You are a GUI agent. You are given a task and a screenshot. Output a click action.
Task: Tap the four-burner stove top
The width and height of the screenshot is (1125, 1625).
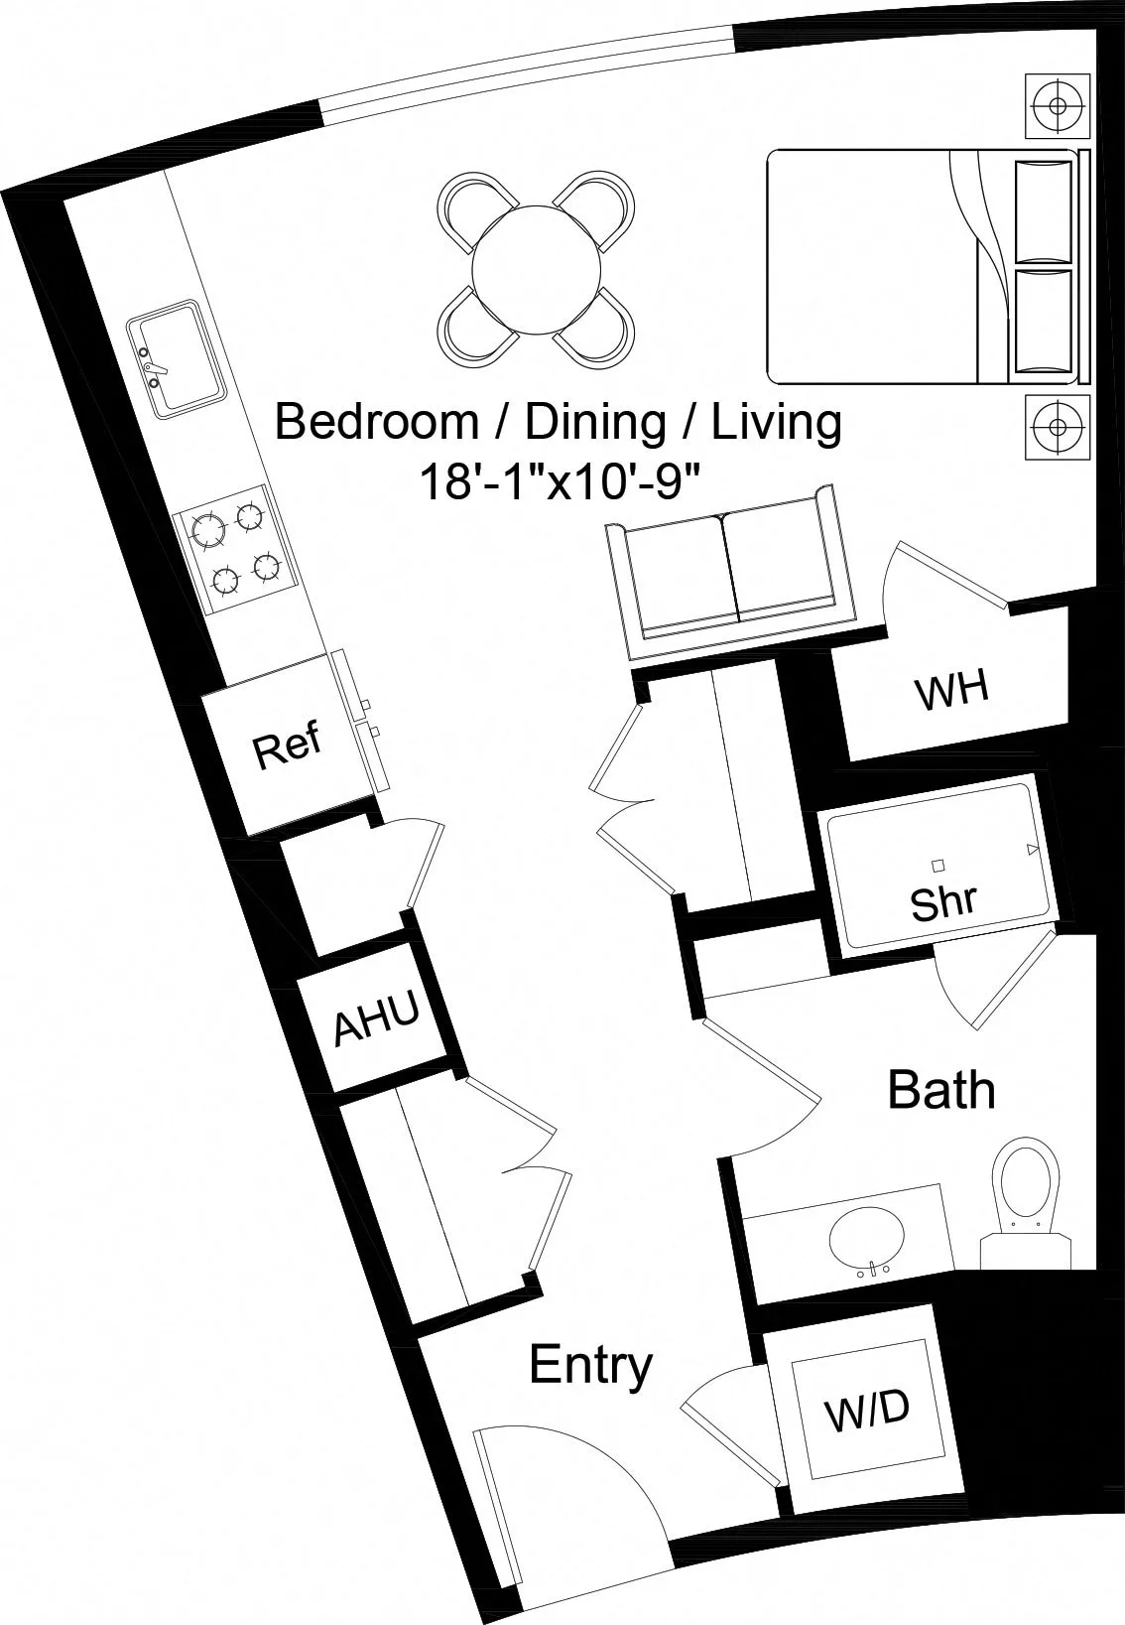235,547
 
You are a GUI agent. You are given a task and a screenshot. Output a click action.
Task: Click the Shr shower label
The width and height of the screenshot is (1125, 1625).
943,901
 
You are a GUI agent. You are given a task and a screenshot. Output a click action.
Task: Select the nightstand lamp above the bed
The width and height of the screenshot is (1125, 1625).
1058,104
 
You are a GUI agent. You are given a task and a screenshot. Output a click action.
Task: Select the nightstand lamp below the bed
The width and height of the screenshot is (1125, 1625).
1058,427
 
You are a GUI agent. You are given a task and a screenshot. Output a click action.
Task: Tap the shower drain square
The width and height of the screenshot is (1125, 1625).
938,865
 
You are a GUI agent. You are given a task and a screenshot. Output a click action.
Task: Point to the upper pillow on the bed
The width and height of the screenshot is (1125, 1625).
1044,210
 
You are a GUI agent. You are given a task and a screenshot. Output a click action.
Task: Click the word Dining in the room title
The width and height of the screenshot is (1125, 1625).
593,422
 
